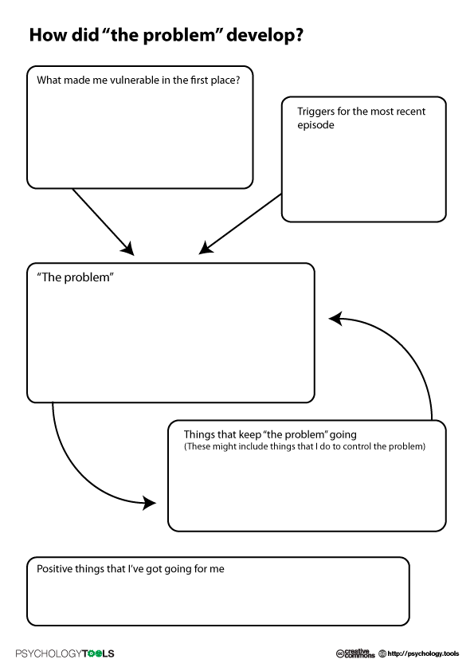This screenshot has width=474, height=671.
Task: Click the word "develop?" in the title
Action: pyautogui.click(x=264, y=35)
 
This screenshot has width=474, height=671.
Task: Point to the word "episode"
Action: pyautogui.click(x=315, y=125)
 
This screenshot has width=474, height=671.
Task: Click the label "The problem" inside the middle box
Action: pyautogui.click(x=76, y=277)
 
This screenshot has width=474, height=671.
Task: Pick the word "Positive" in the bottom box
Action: pyautogui.click(x=54, y=569)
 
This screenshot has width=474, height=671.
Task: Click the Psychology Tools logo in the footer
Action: pyautogui.click(x=65, y=653)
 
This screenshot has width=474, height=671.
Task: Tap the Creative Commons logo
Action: pyautogui.click(x=355, y=653)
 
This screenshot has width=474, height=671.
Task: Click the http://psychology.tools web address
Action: pyautogui.click(x=423, y=653)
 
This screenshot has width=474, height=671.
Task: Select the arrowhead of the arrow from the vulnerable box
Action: pyautogui.click(x=128, y=248)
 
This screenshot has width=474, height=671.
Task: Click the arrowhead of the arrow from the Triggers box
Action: pyautogui.click(x=206, y=248)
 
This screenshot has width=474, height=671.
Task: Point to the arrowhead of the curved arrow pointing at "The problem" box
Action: pyautogui.click(x=335, y=318)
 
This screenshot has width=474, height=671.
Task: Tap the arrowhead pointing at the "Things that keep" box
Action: pyautogui.click(x=149, y=503)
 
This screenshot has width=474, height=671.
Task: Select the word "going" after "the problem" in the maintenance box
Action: pyautogui.click(x=343, y=435)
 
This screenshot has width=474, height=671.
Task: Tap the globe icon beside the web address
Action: pyautogui.click(x=382, y=653)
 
